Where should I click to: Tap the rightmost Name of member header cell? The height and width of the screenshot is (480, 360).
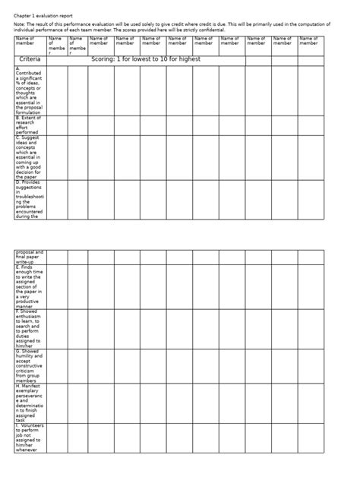pyautogui.click(x=309, y=42)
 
